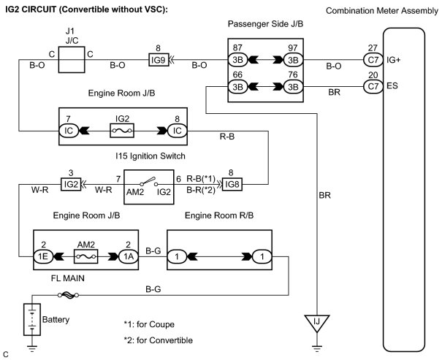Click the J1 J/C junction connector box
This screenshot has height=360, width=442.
pos(72,60)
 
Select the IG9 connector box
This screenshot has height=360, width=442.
pos(159,60)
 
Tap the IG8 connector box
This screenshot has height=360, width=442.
pos(232,185)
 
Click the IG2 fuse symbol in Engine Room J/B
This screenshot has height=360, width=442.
pos(122,131)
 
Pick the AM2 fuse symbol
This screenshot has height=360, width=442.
pos(86,256)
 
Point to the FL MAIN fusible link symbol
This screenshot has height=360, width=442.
pos(68,295)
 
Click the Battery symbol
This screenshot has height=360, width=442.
pos(32,319)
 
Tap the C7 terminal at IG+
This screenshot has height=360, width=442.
pos(373,60)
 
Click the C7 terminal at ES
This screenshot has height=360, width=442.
pos(373,86)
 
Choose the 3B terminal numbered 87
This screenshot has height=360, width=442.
pos(237,60)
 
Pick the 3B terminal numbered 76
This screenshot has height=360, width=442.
pos(293,86)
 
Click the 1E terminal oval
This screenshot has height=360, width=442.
pos(43,256)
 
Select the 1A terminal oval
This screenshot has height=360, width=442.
pos(129,256)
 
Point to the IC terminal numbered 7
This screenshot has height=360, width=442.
pos(69,131)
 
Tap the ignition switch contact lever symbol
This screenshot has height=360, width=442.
pos(149,181)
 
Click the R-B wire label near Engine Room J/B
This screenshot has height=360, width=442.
pos(227,137)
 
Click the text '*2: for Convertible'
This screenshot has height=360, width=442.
pos(159,340)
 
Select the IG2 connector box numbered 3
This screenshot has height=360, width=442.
pos(71,184)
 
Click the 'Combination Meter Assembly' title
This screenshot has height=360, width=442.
pos(382,11)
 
